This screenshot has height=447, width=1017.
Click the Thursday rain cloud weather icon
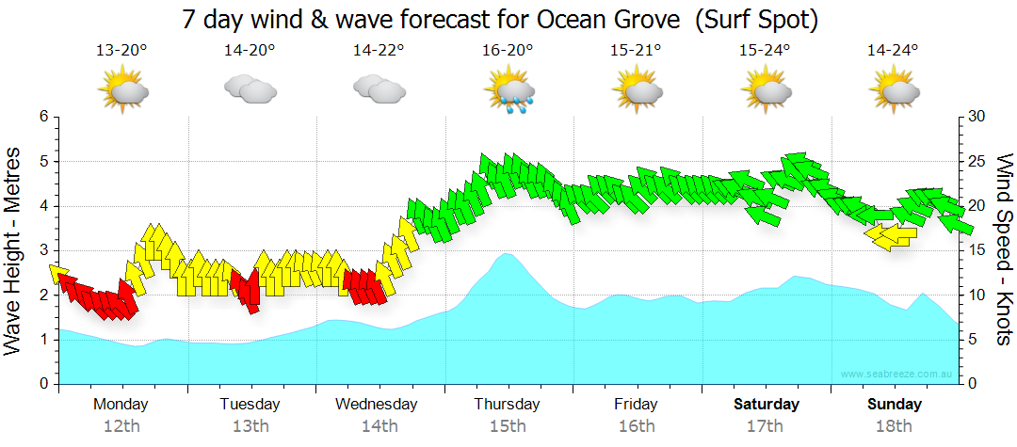click(x=508, y=91)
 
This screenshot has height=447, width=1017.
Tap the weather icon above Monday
click(x=122, y=91)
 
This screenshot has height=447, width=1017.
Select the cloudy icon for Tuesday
click(x=250, y=89)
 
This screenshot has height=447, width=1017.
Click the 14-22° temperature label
click(x=379, y=51)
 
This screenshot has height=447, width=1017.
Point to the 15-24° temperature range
click(x=765, y=51)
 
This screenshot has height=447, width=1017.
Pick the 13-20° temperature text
click(x=121, y=51)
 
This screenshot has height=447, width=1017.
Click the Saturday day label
click(x=767, y=405)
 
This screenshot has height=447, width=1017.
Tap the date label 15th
click(x=508, y=426)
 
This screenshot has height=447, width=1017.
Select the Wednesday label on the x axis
click(x=377, y=405)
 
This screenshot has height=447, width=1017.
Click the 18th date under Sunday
click(x=894, y=426)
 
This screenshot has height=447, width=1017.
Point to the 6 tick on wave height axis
click(x=42, y=117)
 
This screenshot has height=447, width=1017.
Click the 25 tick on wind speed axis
click(x=977, y=162)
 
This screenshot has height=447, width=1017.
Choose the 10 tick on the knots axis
click(x=977, y=295)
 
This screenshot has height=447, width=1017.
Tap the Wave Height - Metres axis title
click(x=15, y=250)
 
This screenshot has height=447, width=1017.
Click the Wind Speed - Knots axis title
click(x=1004, y=250)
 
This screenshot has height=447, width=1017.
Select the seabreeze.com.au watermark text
click(x=898, y=375)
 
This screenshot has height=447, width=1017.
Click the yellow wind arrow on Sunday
click(x=890, y=236)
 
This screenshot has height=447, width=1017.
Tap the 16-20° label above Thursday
click(x=508, y=51)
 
